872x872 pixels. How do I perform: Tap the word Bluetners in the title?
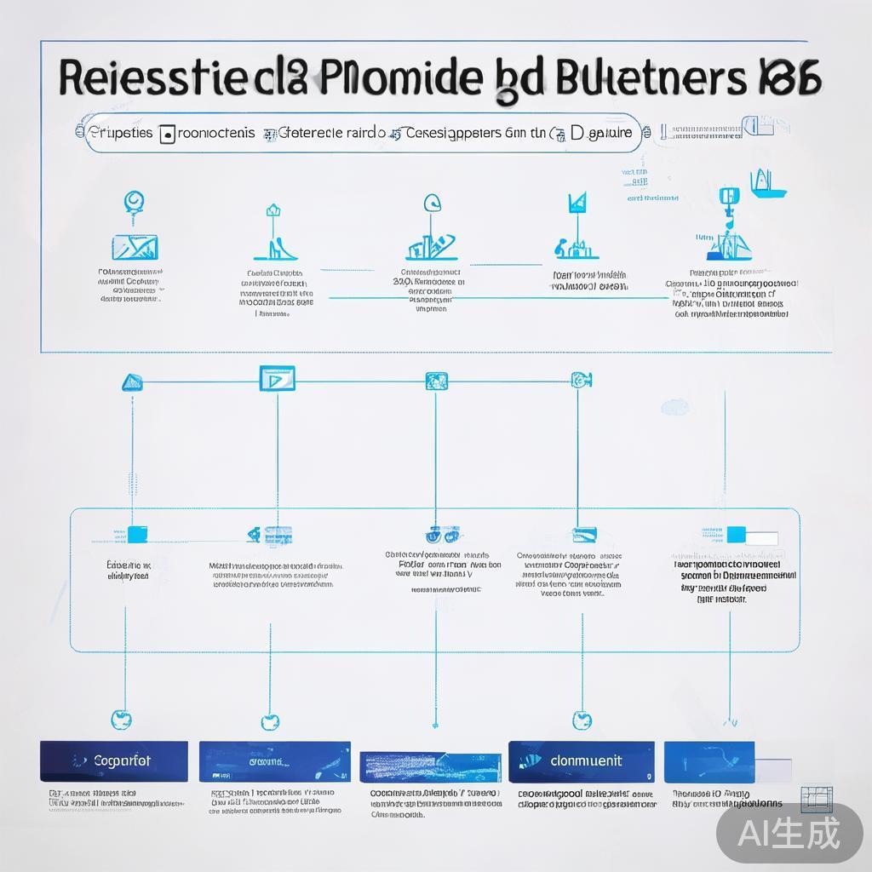[x=647, y=79]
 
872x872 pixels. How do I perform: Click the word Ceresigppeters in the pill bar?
[x=454, y=133]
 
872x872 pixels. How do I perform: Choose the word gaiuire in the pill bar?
[x=611, y=133]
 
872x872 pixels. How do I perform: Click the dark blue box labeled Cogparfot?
[x=114, y=760]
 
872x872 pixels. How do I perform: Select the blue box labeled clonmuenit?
[x=582, y=760]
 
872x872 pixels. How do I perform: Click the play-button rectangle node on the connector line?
[x=277, y=379]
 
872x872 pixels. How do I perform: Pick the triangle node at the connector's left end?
[x=131, y=382]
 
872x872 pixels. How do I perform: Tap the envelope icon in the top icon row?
[x=135, y=246]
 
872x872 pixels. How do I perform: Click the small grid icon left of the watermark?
[x=818, y=797]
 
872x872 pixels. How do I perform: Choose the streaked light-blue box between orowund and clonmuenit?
[x=429, y=766]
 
